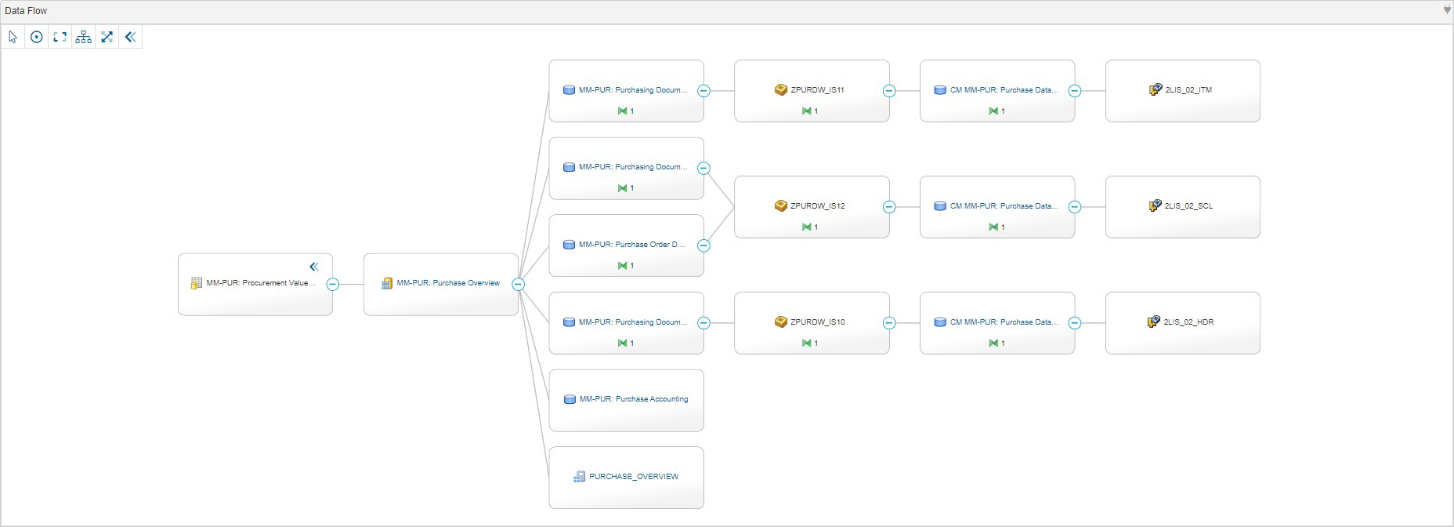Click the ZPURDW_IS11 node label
tap(817, 90)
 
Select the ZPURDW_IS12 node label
tap(817, 206)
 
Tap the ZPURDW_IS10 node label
tap(817, 322)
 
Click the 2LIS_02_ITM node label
tap(1188, 90)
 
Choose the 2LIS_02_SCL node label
tap(1188, 206)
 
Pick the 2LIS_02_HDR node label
tap(1188, 322)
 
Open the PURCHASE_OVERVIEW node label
tap(633, 477)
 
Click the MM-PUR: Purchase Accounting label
tap(633, 399)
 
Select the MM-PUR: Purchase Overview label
tap(447, 283)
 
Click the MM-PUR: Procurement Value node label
tap(260, 283)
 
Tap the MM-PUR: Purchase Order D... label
tap(631, 245)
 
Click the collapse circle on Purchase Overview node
tap(518, 285)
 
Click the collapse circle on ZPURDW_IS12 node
tap(889, 207)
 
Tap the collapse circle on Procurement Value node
tap(333, 285)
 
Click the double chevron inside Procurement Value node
tap(314, 267)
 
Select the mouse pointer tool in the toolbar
tap(13, 37)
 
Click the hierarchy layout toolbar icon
tap(83, 37)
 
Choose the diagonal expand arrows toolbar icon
tap(107, 37)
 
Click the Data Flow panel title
tap(26, 11)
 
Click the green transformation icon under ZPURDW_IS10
tap(806, 343)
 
